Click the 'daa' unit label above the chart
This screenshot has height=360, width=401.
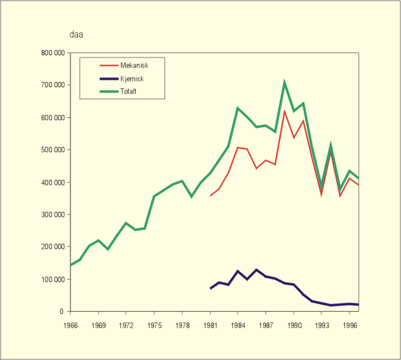[76, 34]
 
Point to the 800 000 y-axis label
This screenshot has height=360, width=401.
[52, 53]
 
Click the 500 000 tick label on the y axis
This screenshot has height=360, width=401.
[52, 150]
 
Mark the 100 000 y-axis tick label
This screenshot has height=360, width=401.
[52, 279]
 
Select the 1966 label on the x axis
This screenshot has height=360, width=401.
[71, 324]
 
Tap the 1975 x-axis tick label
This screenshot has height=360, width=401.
[154, 324]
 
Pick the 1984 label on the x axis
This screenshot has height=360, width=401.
[238, 324]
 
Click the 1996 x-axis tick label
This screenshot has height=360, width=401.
[349, 324]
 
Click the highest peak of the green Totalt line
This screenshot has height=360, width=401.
[284, 82]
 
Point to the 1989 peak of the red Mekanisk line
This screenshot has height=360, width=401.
[284, 111]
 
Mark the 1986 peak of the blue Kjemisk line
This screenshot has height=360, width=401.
[257, 270]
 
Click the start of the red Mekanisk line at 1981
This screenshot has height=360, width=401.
[210, 196]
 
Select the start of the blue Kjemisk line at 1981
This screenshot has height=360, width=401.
[210, 289]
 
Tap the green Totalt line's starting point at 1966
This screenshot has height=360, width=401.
[71, 265]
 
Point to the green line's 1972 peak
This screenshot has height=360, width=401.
[126, 223]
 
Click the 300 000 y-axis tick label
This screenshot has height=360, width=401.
[52, 214]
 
